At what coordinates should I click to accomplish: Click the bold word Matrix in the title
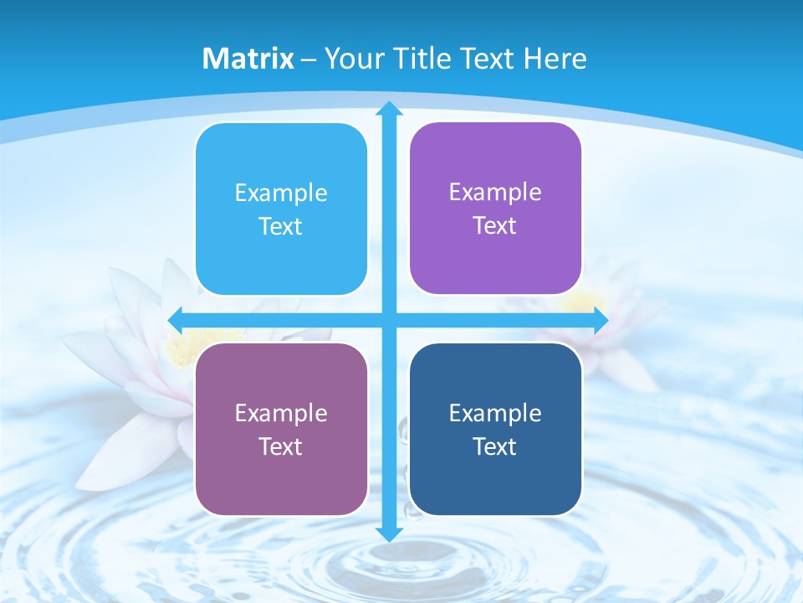(248, 59)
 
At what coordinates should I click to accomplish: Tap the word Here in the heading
(555, 59)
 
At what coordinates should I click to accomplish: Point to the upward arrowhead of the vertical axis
(389, 110)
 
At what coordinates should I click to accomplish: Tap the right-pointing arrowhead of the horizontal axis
(600, 320)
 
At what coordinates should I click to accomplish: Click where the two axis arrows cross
(389, 320)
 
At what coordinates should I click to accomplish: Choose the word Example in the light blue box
(281, 193)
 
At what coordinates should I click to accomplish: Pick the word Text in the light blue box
(281, 227)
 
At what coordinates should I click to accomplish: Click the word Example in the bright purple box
(495, 192)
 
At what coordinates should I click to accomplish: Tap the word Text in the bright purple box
(495, 226)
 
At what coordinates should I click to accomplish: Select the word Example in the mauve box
(281, 413)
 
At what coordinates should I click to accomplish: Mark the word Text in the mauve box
(281, 447)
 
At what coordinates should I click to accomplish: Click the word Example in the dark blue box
(495, 413)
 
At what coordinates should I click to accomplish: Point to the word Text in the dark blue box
(495, 447)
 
